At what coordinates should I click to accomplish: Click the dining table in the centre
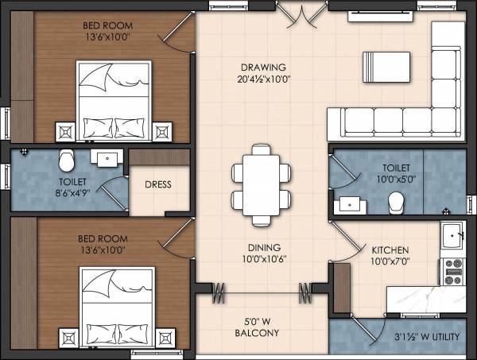point(256,184)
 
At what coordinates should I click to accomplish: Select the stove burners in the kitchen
point(454,271)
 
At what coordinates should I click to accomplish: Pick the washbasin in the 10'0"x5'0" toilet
point(348,204)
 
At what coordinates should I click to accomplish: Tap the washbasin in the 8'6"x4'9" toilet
point(105,157)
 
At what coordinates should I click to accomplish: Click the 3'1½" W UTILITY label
point(428,338)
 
